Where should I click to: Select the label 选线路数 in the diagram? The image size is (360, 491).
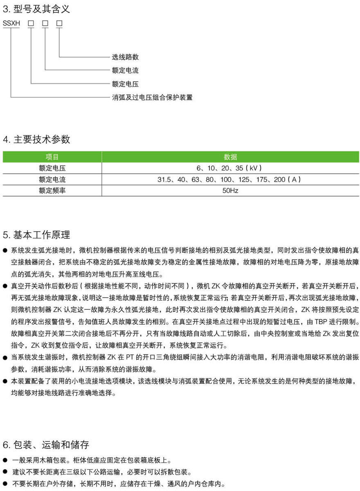(125, 57)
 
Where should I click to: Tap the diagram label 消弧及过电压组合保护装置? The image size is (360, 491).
(152, 97)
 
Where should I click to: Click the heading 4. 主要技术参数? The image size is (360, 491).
(37, 139)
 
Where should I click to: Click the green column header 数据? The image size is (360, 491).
(230, 157)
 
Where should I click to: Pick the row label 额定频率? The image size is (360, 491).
(52, 191)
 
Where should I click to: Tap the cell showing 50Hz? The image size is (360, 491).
(230, 191)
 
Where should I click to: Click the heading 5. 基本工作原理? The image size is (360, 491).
(37, 235)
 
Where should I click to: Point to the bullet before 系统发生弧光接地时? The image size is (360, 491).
(5, 250)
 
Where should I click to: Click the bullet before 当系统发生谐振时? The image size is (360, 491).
(5, 358)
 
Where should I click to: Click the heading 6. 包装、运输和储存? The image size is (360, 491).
(46, 445)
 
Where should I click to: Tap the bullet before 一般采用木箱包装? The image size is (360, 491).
(5, 460)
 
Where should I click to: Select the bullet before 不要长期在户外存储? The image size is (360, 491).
(5, 483)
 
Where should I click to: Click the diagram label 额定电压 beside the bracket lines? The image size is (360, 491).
(125, 84)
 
